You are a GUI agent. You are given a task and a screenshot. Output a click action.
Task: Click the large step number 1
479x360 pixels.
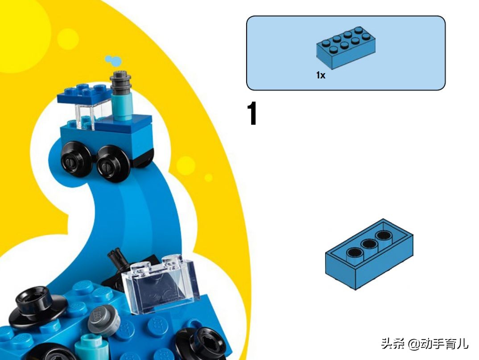tap(252, 114)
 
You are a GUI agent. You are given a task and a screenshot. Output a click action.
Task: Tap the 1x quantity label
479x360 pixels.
tap(321, 75)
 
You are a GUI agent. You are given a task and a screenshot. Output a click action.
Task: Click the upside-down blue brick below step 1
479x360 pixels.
tap(369, 254)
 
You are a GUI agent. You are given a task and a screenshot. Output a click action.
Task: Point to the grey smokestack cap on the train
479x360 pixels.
tap(120, 82)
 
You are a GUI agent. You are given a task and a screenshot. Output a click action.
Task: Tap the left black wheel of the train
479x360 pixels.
tap(76, 158)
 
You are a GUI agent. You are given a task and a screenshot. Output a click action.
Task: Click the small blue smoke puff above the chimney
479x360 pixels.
tap(113, 61)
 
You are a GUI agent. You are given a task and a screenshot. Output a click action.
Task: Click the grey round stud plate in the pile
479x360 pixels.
tap(103, 320)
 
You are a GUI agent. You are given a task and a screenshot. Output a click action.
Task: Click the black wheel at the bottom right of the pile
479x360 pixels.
tap(202, 343)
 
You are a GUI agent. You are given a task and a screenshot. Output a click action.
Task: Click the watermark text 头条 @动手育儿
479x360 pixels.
tap(425, 343)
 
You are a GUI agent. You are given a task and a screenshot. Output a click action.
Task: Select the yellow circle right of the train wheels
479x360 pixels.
tap(186, 166)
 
